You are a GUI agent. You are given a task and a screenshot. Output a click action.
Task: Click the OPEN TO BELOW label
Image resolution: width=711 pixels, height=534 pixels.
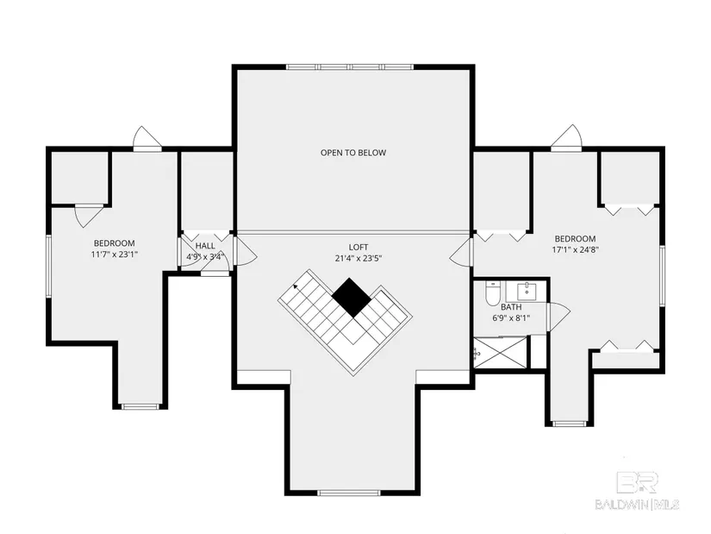tap(353, 153)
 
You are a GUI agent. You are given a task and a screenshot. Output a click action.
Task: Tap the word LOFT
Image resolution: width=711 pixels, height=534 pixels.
tap(359, 247)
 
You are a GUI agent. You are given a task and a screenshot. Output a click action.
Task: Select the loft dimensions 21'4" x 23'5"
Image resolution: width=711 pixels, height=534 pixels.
tap(359, 258)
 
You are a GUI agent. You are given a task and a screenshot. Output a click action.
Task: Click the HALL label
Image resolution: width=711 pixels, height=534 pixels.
tap(205, 246)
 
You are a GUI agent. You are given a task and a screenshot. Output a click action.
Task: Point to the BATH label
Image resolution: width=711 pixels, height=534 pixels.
tap(511, 307)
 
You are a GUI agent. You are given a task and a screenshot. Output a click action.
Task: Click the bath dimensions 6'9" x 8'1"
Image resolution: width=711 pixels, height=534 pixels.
tap(511, 317)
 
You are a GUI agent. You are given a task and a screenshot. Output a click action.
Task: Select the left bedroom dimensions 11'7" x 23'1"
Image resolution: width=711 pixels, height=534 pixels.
tap(115, 254)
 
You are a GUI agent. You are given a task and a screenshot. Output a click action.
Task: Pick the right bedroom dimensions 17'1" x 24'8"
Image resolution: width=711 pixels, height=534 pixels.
tap(576, 249)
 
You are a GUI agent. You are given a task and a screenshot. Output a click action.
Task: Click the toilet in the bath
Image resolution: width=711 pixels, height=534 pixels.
tap(491, 293)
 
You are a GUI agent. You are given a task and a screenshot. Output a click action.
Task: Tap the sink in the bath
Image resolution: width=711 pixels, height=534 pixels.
tap(527, 292)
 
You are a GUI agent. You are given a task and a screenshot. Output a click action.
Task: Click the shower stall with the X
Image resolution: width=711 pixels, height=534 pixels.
tap(501, 352)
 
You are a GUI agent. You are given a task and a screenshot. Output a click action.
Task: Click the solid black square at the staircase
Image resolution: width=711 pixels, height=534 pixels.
tap(352, 298)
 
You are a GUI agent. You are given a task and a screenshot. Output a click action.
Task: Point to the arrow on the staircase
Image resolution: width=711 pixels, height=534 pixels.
tap(296, 286)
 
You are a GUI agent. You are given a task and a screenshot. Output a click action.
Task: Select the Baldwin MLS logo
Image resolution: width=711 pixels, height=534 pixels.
tap(637, 491)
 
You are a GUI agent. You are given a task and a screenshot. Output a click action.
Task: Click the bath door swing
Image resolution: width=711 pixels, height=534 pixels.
tap(558, 317)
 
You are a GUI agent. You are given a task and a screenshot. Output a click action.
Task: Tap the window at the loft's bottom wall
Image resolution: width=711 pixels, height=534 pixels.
tap(348, 493)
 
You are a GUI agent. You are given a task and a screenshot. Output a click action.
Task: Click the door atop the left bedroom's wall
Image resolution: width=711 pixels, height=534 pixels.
tap(147, 139)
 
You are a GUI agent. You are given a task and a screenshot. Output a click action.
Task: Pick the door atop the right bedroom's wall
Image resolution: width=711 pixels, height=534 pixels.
tap(566, 137)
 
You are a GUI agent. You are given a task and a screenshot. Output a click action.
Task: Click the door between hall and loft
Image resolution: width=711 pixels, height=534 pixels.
tap(246, 252)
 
